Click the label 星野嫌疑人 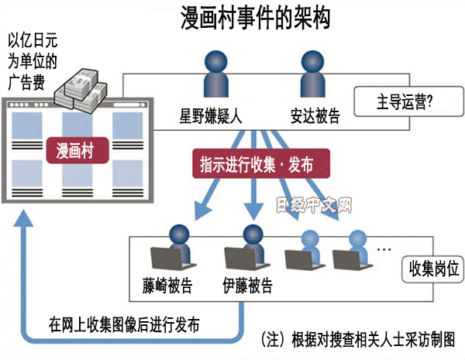pos(212,118)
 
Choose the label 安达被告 pos(315,118)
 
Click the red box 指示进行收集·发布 pos(257,164)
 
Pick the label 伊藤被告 pos(246,284)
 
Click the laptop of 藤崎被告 pos(165,259)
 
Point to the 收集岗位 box pos(432,269)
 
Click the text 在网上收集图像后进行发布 pos(124,324)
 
